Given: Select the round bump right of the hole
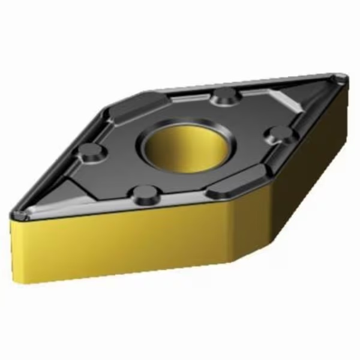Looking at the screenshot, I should coord(278,133).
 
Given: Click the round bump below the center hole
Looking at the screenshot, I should coord(145,193).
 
